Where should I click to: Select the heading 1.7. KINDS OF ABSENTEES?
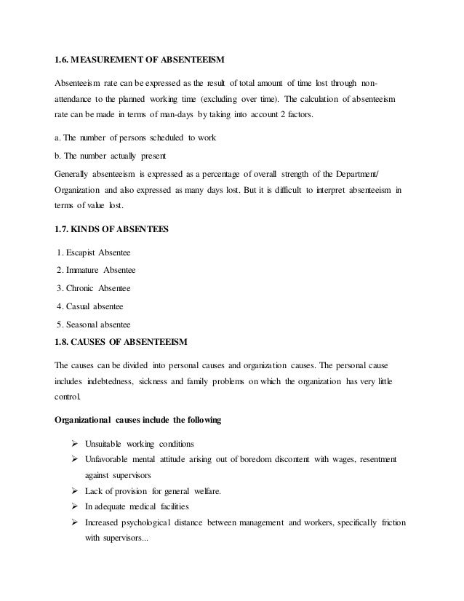[112, 230]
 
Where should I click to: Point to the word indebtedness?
[118, 381]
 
